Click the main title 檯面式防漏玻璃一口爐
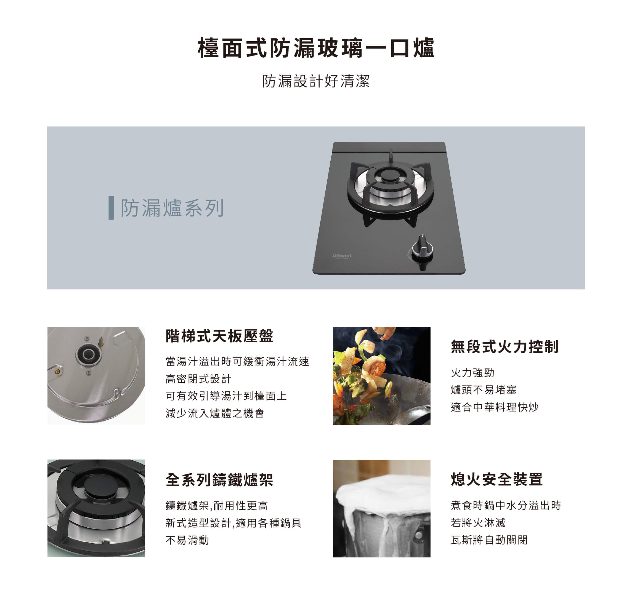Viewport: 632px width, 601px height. (x=316, y=48)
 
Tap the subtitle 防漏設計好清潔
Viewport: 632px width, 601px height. (x=316, y=81)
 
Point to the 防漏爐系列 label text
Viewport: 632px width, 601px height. (x=172, y=208)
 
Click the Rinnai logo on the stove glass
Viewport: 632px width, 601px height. (x=342, y=256)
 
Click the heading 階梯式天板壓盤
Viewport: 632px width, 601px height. (x=219, y=336)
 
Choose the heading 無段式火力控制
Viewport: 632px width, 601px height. (x=504, y=347)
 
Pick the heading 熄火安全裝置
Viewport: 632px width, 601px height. (x=496, y=479)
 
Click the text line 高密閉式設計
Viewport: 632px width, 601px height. (x=198, y=379)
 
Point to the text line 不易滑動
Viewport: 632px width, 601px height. (x=187, y=540)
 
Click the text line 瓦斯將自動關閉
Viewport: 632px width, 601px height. (x=489, y=540)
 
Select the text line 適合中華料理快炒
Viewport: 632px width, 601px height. (x=494, y=407)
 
